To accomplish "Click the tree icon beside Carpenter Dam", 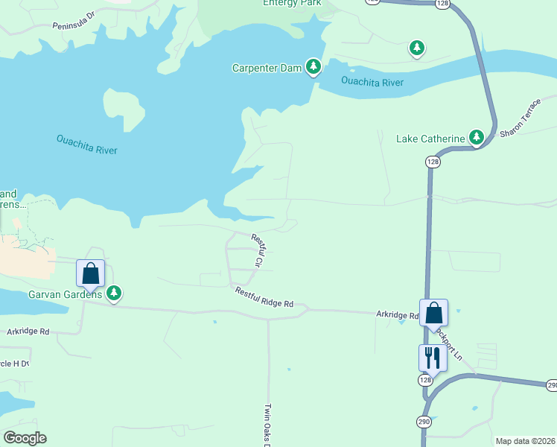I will coord(314,68).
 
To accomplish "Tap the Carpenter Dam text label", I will coord(267,69).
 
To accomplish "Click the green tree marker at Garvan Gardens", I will coord(114,294).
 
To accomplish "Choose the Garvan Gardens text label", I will coord(65,295).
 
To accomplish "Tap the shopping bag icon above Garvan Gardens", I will coord(91,273).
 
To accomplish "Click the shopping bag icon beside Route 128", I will coord(433,313).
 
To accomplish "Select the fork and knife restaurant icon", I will coord(432,358).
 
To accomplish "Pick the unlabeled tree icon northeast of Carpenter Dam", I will coord(417,49).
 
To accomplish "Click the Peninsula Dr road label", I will coord(74,20).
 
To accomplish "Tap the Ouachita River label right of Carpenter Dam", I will coord(372,81).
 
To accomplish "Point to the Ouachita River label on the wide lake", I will coord(87,144).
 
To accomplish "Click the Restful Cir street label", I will coord(258,251).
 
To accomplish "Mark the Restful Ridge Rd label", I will coord(264,298).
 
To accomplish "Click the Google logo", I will coord(25,438).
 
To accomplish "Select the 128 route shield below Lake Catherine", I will coord(433,162).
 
